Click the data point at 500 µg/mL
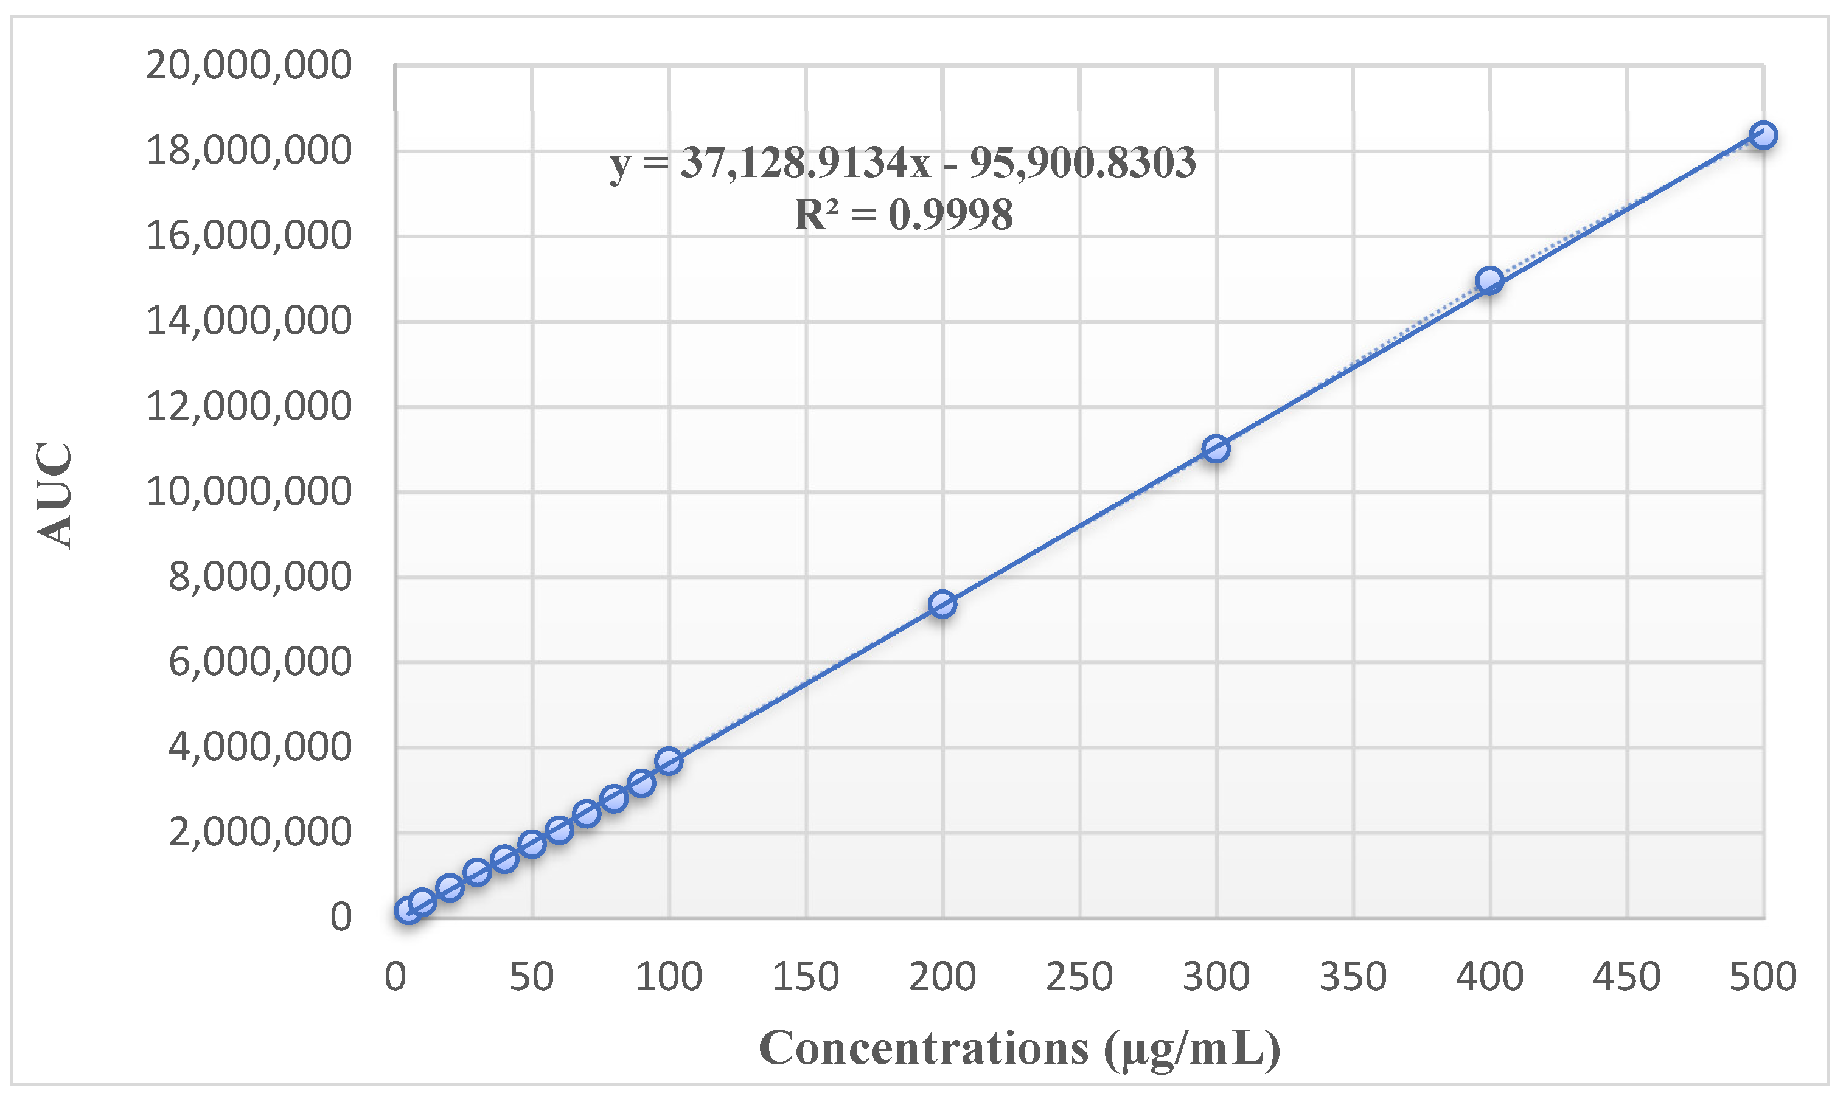(1763, 135)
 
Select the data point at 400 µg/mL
(1489, 281)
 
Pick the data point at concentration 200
(942, 605)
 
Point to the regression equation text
(902, 162)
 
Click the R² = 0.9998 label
(902, 215)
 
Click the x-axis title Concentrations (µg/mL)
(1020, 1048)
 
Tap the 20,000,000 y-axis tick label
(248, 65)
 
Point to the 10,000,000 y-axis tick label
(248, 491)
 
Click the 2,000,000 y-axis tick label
(259, 833)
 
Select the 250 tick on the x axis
(1079, 977)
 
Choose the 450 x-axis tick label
(1626, 977)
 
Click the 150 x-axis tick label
(805, 977)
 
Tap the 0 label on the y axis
(340, 918)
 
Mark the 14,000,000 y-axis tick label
(248, 322)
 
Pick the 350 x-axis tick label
(1353, 977)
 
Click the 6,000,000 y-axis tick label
(259, 662)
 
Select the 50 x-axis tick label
(531, 977)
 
